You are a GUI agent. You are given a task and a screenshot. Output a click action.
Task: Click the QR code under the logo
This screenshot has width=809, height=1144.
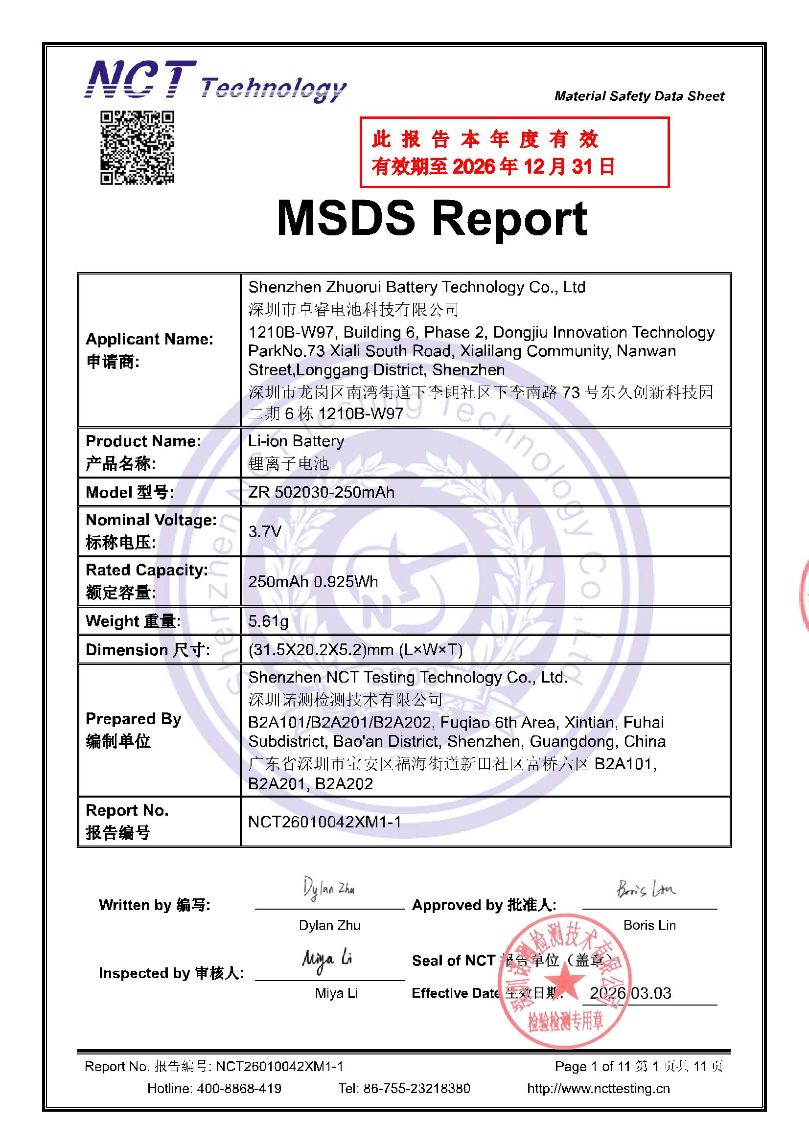[137, 147]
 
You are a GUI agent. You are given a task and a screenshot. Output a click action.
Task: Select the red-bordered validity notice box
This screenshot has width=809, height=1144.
[514, 153]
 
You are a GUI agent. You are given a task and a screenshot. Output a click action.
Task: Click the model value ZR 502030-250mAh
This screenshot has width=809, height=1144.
[321, 492]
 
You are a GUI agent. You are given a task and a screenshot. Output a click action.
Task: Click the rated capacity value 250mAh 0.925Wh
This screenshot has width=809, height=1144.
[313, 581]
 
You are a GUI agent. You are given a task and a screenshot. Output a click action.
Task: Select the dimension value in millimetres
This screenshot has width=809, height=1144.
[355, 650]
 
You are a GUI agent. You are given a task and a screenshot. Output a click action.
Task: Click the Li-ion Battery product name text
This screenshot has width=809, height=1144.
[296, 441]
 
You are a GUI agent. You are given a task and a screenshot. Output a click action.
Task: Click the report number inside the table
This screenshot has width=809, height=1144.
[324, 822]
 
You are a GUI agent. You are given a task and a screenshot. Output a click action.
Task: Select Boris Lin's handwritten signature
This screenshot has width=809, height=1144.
[647, 890]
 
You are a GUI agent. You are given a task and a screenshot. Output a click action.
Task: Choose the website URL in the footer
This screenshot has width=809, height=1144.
[598, 1088]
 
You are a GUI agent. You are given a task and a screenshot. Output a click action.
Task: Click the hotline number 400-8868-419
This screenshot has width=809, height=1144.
[239, 1088]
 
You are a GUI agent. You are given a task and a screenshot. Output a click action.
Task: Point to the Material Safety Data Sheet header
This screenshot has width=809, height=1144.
[639, 96]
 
